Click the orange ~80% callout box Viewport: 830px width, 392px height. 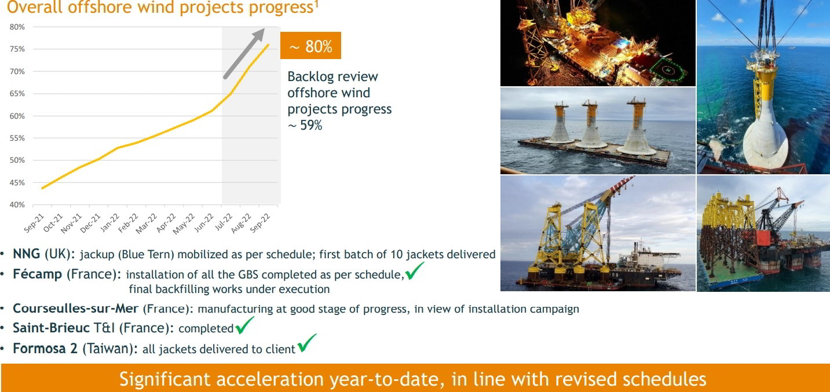tap(310, 46)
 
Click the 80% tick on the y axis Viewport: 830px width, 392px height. tap(17, 27)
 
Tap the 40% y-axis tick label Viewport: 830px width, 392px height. tap(17, 204)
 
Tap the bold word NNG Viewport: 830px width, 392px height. tap(27, 254)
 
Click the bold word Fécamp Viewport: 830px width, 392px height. tap(37, 274)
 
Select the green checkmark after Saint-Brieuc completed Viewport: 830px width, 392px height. tap(244, 327)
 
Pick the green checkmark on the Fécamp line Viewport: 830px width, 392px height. tap(415, 271)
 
